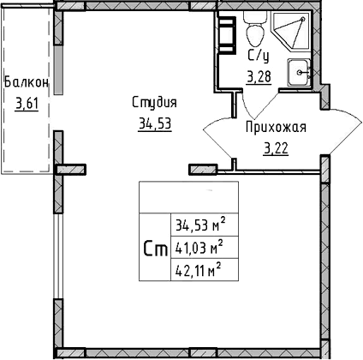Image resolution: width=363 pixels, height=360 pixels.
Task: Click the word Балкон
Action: pyautogui.click(x=26, y=83)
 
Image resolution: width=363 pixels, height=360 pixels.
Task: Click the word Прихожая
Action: pyautogui.click(x=275, y=128)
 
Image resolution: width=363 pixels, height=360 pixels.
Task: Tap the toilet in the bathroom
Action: pyautogui.click(x=253, y=34)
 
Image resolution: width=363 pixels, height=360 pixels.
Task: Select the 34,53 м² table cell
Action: pyautogui.click(x=199, y=227)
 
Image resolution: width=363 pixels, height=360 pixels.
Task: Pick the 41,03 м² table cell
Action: pyautogui.click(x=199, y=249)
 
